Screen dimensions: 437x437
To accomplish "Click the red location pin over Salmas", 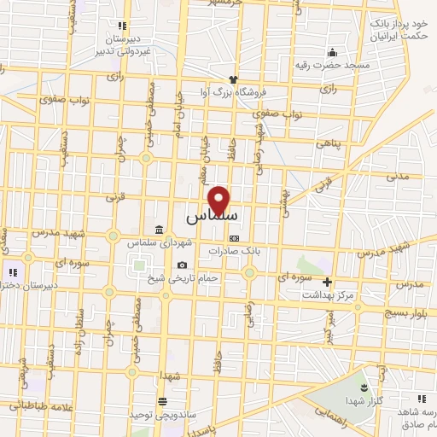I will click(220, 200).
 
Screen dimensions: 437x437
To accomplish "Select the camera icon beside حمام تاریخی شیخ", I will click(183, 265).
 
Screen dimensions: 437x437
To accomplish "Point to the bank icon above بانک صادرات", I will click(235, 239).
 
